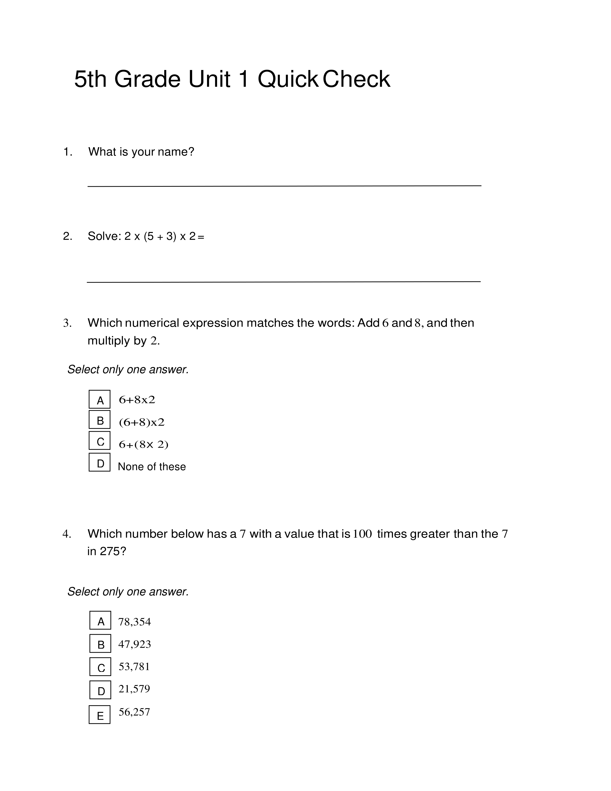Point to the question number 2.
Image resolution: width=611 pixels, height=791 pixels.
(x=67, y=236)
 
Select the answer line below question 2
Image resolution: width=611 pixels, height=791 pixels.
(x=283, y=281)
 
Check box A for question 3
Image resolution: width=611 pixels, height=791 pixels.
(x=99, y=400)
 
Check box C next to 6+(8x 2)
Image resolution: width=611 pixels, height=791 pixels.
(x=99, y=441)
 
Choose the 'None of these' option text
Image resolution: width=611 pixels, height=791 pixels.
(x=152, y=466)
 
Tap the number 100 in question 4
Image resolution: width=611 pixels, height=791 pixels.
(x=362, y=534)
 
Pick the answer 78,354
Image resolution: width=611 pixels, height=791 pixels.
(x=134, y=622)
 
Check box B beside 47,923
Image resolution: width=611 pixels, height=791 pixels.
(x=100, y=644)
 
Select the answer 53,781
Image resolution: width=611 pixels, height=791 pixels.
(x=134, y=666)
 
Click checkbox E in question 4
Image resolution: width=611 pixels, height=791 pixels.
(x=99, y=715)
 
